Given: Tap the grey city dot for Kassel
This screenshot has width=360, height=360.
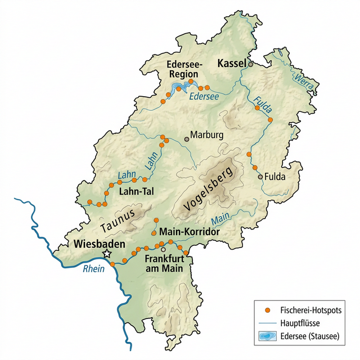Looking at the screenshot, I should coord(251,64).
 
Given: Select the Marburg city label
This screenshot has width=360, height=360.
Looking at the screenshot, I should coord(207,135).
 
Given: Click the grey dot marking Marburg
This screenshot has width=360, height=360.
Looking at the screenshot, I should coord(187,139).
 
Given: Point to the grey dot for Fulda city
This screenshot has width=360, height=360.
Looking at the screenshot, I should coord(260,177).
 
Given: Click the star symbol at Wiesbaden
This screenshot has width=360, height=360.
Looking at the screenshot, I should coord(107,254).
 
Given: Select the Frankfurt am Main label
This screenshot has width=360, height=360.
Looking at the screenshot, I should coord(164,264).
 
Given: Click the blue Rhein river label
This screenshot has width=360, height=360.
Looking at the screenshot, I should coord(93,269).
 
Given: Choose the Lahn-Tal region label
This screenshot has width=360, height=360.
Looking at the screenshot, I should coord(137,191).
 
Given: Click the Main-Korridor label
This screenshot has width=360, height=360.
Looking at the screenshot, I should coord(189,231).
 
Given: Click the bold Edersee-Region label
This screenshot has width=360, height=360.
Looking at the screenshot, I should coord(183,69).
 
